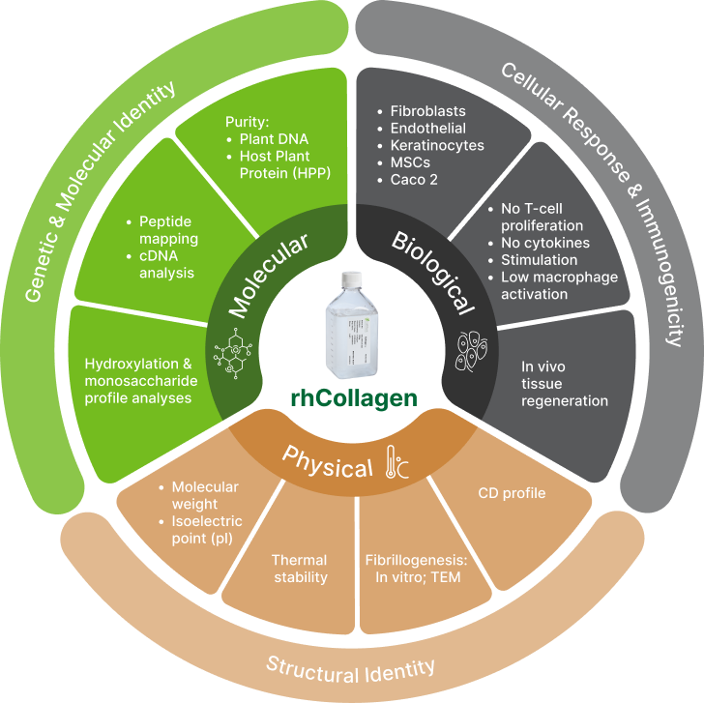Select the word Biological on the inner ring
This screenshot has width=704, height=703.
click(x=434, y=273)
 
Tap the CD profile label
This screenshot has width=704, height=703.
click(x=512, y=493)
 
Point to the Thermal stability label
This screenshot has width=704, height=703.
click(x=299, y=569)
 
